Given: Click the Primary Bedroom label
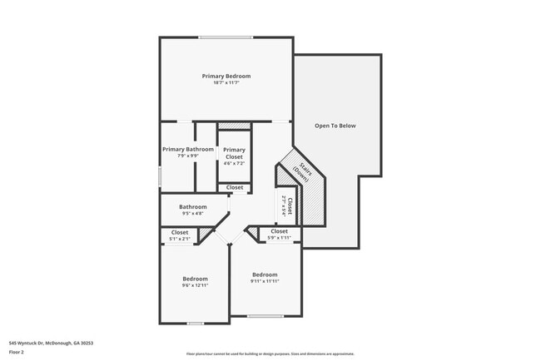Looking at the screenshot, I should tap(226, 76).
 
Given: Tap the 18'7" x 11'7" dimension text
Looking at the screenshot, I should tap(226, 82).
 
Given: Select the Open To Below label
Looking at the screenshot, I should tap(335, 126).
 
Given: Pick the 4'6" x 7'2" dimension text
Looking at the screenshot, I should tap(234, 163).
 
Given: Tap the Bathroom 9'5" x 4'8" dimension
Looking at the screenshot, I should tap(192, 214).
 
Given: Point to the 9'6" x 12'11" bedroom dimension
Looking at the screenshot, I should tap(195, 285).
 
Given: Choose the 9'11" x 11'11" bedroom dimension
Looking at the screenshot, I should tap(265, 281).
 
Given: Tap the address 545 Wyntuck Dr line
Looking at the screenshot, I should tap(51, 343).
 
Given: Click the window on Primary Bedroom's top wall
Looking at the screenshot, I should tap(226, 37).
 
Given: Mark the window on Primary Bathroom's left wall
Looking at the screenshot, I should tap(160, 176).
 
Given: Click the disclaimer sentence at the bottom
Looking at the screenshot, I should tap(270, 354).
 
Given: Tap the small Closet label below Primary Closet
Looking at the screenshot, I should tap(235, 187).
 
